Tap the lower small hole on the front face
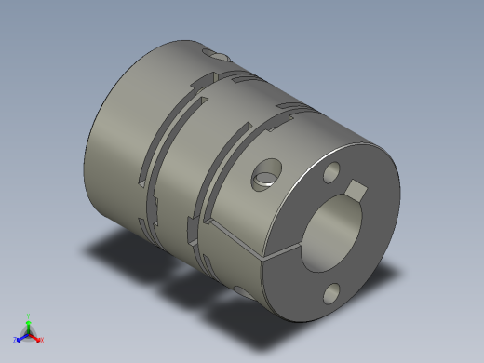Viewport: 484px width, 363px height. pyautogui.click(x=333, y=295)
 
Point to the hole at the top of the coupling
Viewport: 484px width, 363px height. pyautogui.click(x=221, y=59)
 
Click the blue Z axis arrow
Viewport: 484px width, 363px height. pyautogui.click(x=20, y=337)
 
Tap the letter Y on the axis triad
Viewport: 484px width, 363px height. pyautogui.click(x=28, y=316)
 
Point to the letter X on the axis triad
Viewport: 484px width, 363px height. pyautogui.click(x=41, y=341)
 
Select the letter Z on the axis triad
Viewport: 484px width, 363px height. pyautogui.click(x=15, y=341)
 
